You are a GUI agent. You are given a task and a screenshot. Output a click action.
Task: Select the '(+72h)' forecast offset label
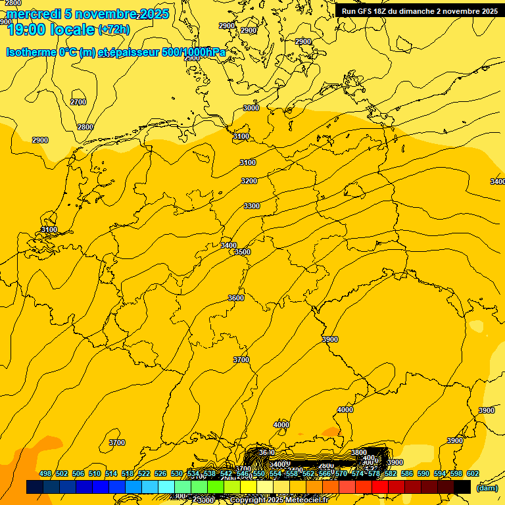tap(114, 30)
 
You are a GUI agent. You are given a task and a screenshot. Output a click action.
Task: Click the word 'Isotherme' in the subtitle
tap(30, 53)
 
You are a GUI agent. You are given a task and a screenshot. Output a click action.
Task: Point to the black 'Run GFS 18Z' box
tap(420, 11)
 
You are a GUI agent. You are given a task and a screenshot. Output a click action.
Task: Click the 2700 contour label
tap(78, 102)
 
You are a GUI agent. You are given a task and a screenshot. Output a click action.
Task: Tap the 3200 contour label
tap(249, 181)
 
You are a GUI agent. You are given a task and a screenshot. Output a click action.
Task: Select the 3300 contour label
tap(252, 206)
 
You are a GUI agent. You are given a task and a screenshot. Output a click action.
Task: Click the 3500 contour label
tap(243, 252)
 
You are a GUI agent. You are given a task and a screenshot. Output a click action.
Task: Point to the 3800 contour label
tap(358, 452)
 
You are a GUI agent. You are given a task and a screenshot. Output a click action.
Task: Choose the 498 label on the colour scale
tap(45, 474)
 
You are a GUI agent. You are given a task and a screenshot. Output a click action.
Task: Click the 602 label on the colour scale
tap(473, 474)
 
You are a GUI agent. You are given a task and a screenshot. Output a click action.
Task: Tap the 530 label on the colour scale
tap(177, 474)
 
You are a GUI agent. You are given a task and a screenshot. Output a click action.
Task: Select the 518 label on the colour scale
tap(128, 474)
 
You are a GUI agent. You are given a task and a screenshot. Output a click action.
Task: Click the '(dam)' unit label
tap(487, 487)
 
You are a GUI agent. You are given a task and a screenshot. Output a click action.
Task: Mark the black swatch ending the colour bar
tap(462, 487)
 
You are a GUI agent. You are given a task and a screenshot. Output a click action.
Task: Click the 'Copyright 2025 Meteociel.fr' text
tap(279, 500)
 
